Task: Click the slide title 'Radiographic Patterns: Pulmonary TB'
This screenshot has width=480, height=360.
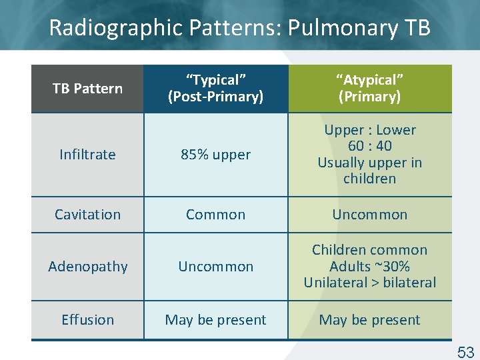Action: [239, 28]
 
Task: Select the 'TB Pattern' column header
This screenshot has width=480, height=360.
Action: [87, 89]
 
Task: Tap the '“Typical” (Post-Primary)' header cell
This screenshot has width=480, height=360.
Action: [215, 89]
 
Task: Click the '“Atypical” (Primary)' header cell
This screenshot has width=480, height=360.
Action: [369, 89]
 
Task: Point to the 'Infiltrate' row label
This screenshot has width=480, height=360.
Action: [87, 155]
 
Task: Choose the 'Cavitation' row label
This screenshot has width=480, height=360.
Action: [87, 215]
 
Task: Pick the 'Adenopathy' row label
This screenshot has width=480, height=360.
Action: [87, 267]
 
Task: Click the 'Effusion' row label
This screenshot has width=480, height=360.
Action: [87, 320]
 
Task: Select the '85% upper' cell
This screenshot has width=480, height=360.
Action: [215, 155]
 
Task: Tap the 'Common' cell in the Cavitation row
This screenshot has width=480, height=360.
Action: [215, 215]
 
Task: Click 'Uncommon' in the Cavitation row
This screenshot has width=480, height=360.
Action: [369, 215]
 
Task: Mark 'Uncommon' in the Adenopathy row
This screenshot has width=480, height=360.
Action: [215, 267]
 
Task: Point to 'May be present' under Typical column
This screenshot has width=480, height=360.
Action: [215, 320]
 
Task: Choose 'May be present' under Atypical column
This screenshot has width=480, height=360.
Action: [369, 320]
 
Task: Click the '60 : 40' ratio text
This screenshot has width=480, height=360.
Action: [369, 146]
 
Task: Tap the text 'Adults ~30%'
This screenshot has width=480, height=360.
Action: [369, 267]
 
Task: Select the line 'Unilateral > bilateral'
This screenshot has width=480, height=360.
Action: [369, 283]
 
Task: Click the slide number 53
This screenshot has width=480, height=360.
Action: [465, 351]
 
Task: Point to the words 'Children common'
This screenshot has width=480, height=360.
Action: [369, 250]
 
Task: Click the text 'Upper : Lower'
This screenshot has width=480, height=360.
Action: [369, 130]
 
